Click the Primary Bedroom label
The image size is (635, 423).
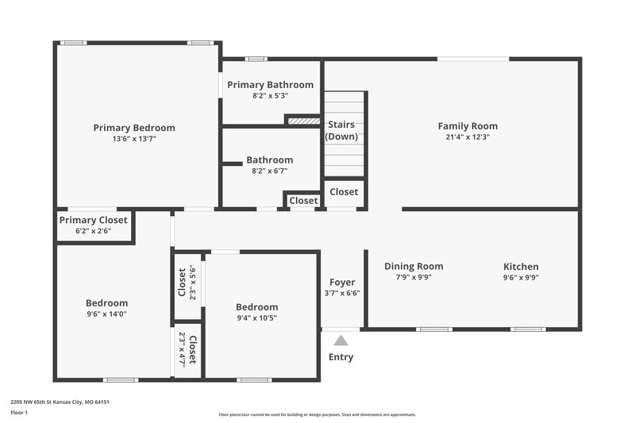[134, 128]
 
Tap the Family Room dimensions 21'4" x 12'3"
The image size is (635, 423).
[468, 137]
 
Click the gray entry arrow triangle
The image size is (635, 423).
[341, 340]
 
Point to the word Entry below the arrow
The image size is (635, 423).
[341, 357]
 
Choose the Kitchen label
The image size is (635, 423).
[521, 267]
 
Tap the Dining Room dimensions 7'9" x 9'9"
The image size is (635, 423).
[414, 278]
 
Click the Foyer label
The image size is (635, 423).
[342, 282]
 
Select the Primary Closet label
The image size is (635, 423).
[94, 220]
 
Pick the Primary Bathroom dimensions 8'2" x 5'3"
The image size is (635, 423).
[270, 96]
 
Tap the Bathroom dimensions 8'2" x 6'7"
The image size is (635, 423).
[269, 171]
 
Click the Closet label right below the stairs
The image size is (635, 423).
[344, 192]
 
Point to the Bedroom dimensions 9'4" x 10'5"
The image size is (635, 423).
[256, 318]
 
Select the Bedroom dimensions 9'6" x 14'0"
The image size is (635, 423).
[106, 313]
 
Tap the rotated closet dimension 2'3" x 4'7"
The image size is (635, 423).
[182, 348]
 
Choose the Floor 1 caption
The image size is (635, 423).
[19, 413]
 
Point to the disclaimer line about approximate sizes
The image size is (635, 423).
[317, 414]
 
